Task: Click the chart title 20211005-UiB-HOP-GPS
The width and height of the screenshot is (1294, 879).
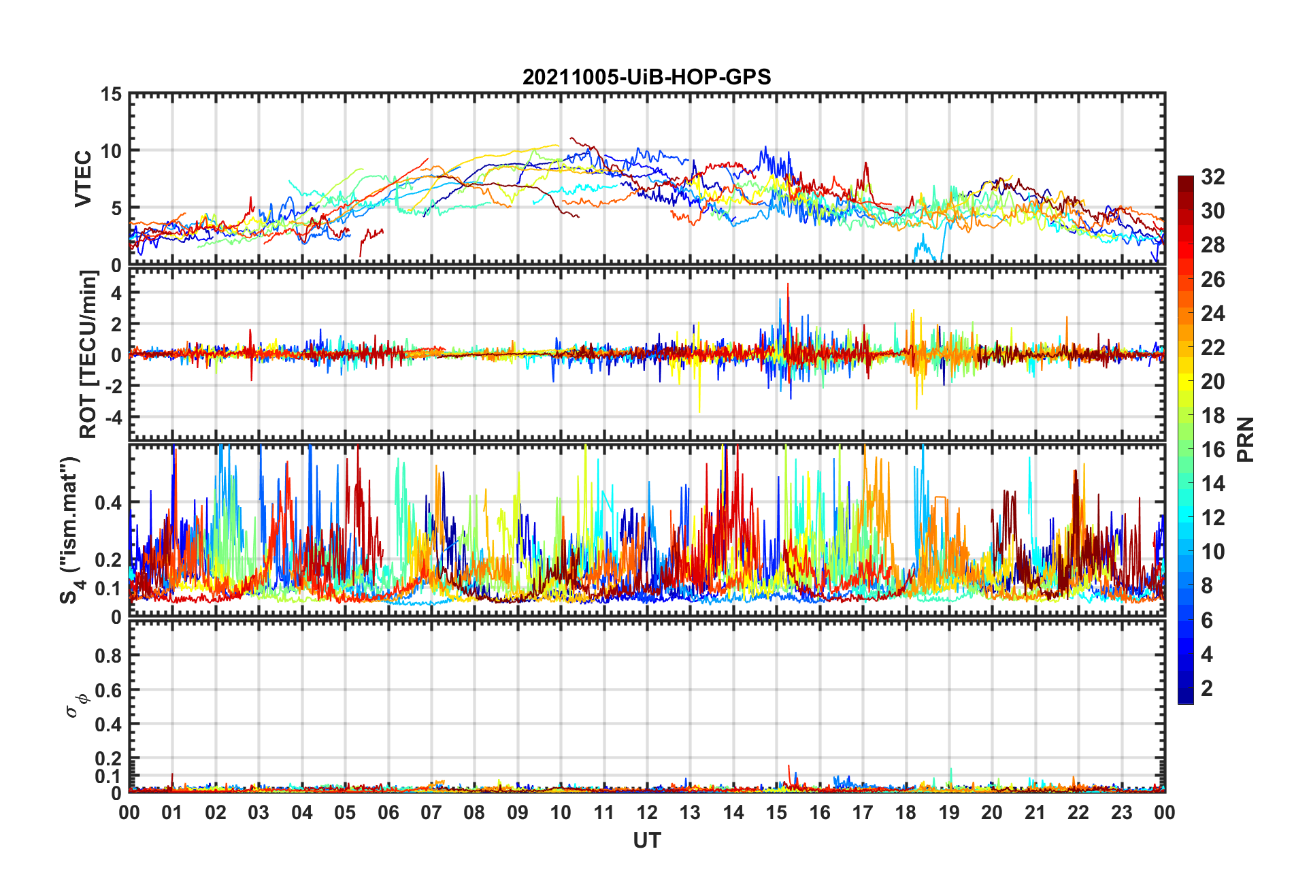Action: (x=646, y=77)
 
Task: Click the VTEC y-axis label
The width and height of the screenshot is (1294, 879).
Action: (x=83, y=179)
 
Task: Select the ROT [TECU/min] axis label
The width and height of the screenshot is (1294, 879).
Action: (x=88, y=354)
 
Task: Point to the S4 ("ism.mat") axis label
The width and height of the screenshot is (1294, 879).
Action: (x=71, y=531)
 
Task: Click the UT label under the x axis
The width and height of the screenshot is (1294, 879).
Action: (x=646, y=841)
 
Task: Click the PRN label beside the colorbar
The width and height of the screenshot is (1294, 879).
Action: (x=1245, y=439)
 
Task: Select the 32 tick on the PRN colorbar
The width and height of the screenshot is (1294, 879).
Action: (x=1212, y=177)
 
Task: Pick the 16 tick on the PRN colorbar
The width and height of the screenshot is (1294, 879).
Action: (x=1212, y=450)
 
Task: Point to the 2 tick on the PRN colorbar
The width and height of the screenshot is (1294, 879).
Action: (x=1207, y=689)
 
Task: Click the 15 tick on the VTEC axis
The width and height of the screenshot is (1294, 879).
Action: (x=112, y=95)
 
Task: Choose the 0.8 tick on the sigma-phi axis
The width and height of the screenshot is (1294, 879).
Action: (x=107, y=656)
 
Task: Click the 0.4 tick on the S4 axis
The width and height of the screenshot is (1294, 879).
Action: (x=107, y=503)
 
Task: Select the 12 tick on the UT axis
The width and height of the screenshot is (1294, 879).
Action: (x=647, y=812)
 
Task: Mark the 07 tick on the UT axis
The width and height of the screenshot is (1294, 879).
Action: (x=431, y=812)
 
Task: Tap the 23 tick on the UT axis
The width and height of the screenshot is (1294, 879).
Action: (x=1121, y=812)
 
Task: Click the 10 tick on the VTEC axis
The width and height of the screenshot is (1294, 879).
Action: (x=112, y=151)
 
